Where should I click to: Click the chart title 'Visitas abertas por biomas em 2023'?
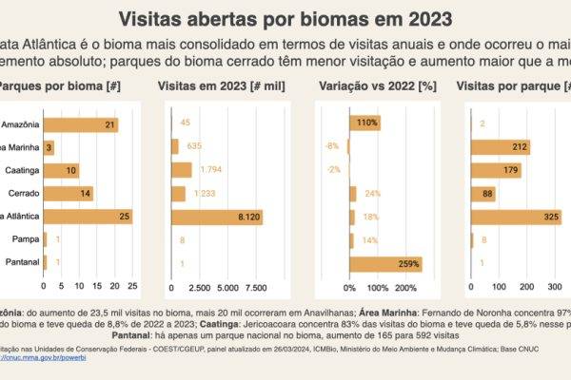click(x=285, y=19)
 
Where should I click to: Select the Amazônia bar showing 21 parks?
click(x=81, y=123)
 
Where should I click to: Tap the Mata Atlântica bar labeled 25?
click(x=88, y=217)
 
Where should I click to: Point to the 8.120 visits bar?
click(x=216, y=217)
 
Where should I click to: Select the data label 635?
click(x=196, y=146)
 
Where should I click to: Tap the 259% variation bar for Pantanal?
click(x=385, y=263)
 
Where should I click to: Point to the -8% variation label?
click(x=332, y=146)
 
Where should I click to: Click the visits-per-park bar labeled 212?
click(x=501, y=146)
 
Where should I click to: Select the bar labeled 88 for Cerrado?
click(x=483, y=194)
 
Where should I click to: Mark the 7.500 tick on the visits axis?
click(x=255, y=287)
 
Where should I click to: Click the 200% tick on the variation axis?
click(x=405, y=287)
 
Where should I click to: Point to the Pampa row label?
click(x=27, y=240)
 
